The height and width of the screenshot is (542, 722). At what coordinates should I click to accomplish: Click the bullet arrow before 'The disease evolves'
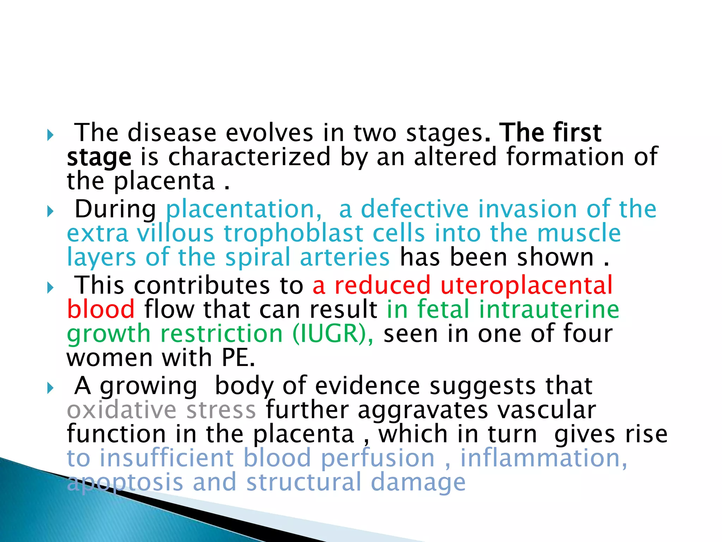50,135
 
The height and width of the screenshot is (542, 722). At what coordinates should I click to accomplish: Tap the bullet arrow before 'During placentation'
50,212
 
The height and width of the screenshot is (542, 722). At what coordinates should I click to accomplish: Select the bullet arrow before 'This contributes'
50,288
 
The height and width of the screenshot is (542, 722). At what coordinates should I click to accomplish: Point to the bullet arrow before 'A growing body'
50,389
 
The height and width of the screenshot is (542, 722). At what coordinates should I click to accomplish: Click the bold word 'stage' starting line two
99,157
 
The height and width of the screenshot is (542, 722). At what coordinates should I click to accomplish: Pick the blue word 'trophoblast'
293,234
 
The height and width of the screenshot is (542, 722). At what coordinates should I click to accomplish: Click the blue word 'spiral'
258,258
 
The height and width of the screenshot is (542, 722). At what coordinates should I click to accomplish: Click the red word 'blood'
101,309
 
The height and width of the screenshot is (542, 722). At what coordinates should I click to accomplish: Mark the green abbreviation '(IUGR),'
333,333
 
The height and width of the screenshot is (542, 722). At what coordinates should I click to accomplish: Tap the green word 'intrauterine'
549,309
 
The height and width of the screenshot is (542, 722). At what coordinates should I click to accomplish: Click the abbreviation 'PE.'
238,358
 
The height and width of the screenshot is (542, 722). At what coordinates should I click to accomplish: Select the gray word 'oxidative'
122,410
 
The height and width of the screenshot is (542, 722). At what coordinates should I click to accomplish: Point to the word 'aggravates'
423,411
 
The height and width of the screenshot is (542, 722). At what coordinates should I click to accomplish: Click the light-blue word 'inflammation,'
544,458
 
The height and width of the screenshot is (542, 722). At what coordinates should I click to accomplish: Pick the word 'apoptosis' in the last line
125,483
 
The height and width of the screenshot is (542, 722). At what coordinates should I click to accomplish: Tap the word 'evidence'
367,386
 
